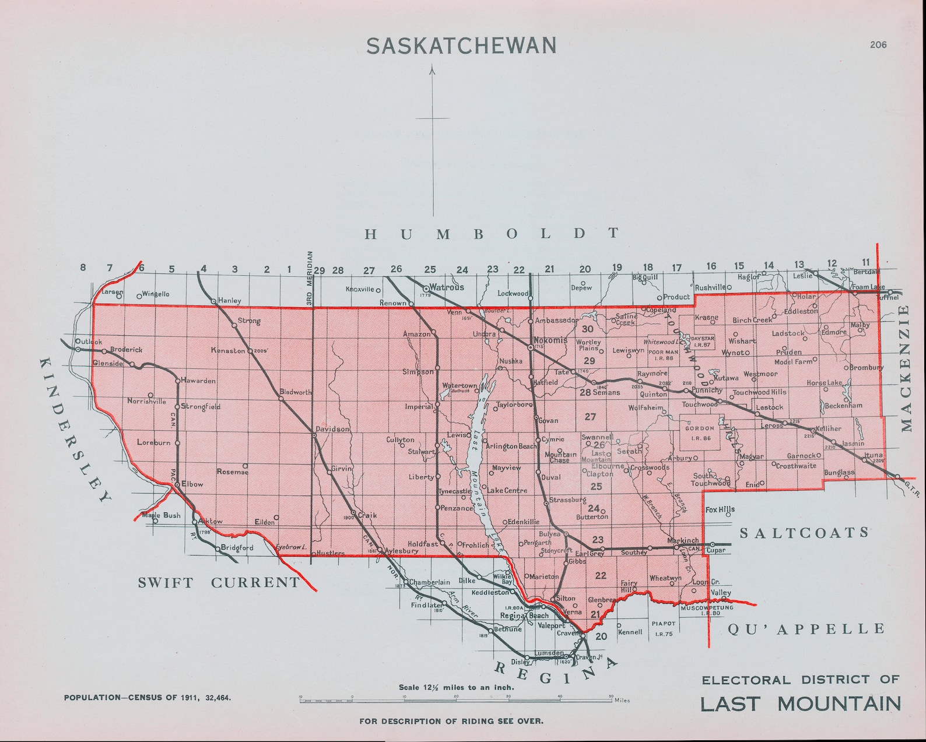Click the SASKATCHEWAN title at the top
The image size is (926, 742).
[461, 46]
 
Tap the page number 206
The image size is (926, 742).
[878, 44]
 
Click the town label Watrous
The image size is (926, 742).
[446, 287]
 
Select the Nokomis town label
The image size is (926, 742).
[550, 340]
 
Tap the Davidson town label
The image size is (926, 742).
[332, 429]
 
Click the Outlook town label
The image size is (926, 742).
[89, 342]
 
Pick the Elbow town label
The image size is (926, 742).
[192, 484]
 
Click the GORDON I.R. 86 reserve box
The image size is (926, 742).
[700, 432]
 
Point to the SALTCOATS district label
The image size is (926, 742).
[804, 533]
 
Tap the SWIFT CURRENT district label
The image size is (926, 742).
[219, 582]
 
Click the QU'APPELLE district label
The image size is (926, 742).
[806, 629]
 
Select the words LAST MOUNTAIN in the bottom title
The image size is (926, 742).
[800, 704]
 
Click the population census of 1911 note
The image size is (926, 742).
[147, 697]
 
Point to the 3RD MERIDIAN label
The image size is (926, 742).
[310, 278]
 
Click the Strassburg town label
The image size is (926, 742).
[567, 500]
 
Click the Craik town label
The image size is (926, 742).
[367, 515]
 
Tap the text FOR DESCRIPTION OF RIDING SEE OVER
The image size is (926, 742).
[451, 721]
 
